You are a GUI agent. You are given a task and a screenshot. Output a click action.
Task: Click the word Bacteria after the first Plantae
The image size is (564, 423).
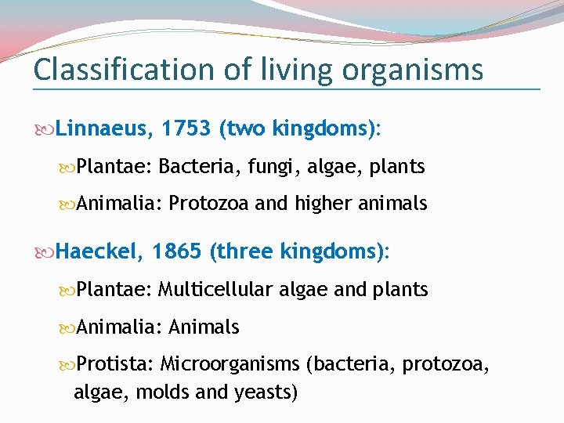pos(191,167)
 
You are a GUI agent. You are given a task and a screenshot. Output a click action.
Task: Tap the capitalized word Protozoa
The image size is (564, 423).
pos(208,204)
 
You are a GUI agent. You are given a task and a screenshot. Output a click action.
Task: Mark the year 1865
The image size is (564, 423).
pos(178,251)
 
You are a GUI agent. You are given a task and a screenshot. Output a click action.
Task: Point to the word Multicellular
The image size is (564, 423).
pos(215,290)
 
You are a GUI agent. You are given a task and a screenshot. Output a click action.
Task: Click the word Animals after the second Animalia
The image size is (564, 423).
pos(204,327)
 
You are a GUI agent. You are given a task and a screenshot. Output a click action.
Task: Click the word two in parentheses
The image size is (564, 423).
pos(242,128)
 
